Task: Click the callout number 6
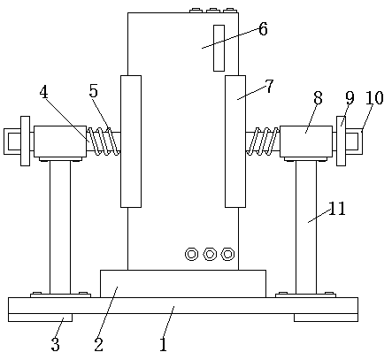tap(263, 29)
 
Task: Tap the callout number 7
tap(269, 87)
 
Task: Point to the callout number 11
tap(337, 209)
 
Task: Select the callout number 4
tap(43, 92)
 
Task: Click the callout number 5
tap(94, 91)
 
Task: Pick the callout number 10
tap(374, 98)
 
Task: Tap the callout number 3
tap(56, 344)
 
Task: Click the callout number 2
tap(99, 344)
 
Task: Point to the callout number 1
tap(164, 344)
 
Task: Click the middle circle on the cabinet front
tap(210, 254)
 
